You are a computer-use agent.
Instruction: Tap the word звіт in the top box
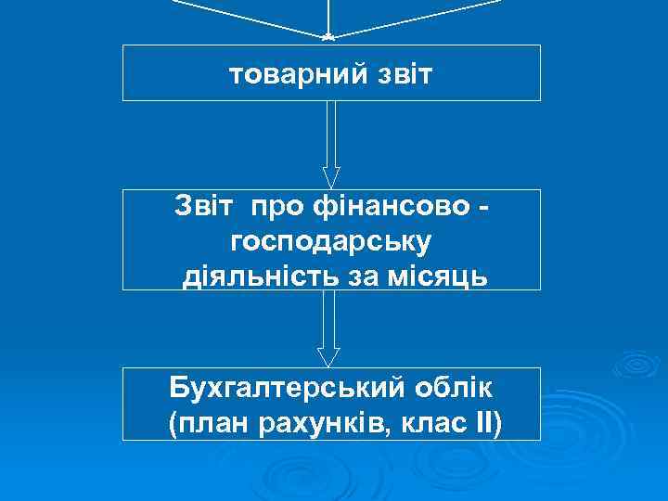(x=398, y=73)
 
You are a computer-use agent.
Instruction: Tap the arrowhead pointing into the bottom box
(x=329, y=356)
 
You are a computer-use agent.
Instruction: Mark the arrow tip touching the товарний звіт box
(x=328, y=38)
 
